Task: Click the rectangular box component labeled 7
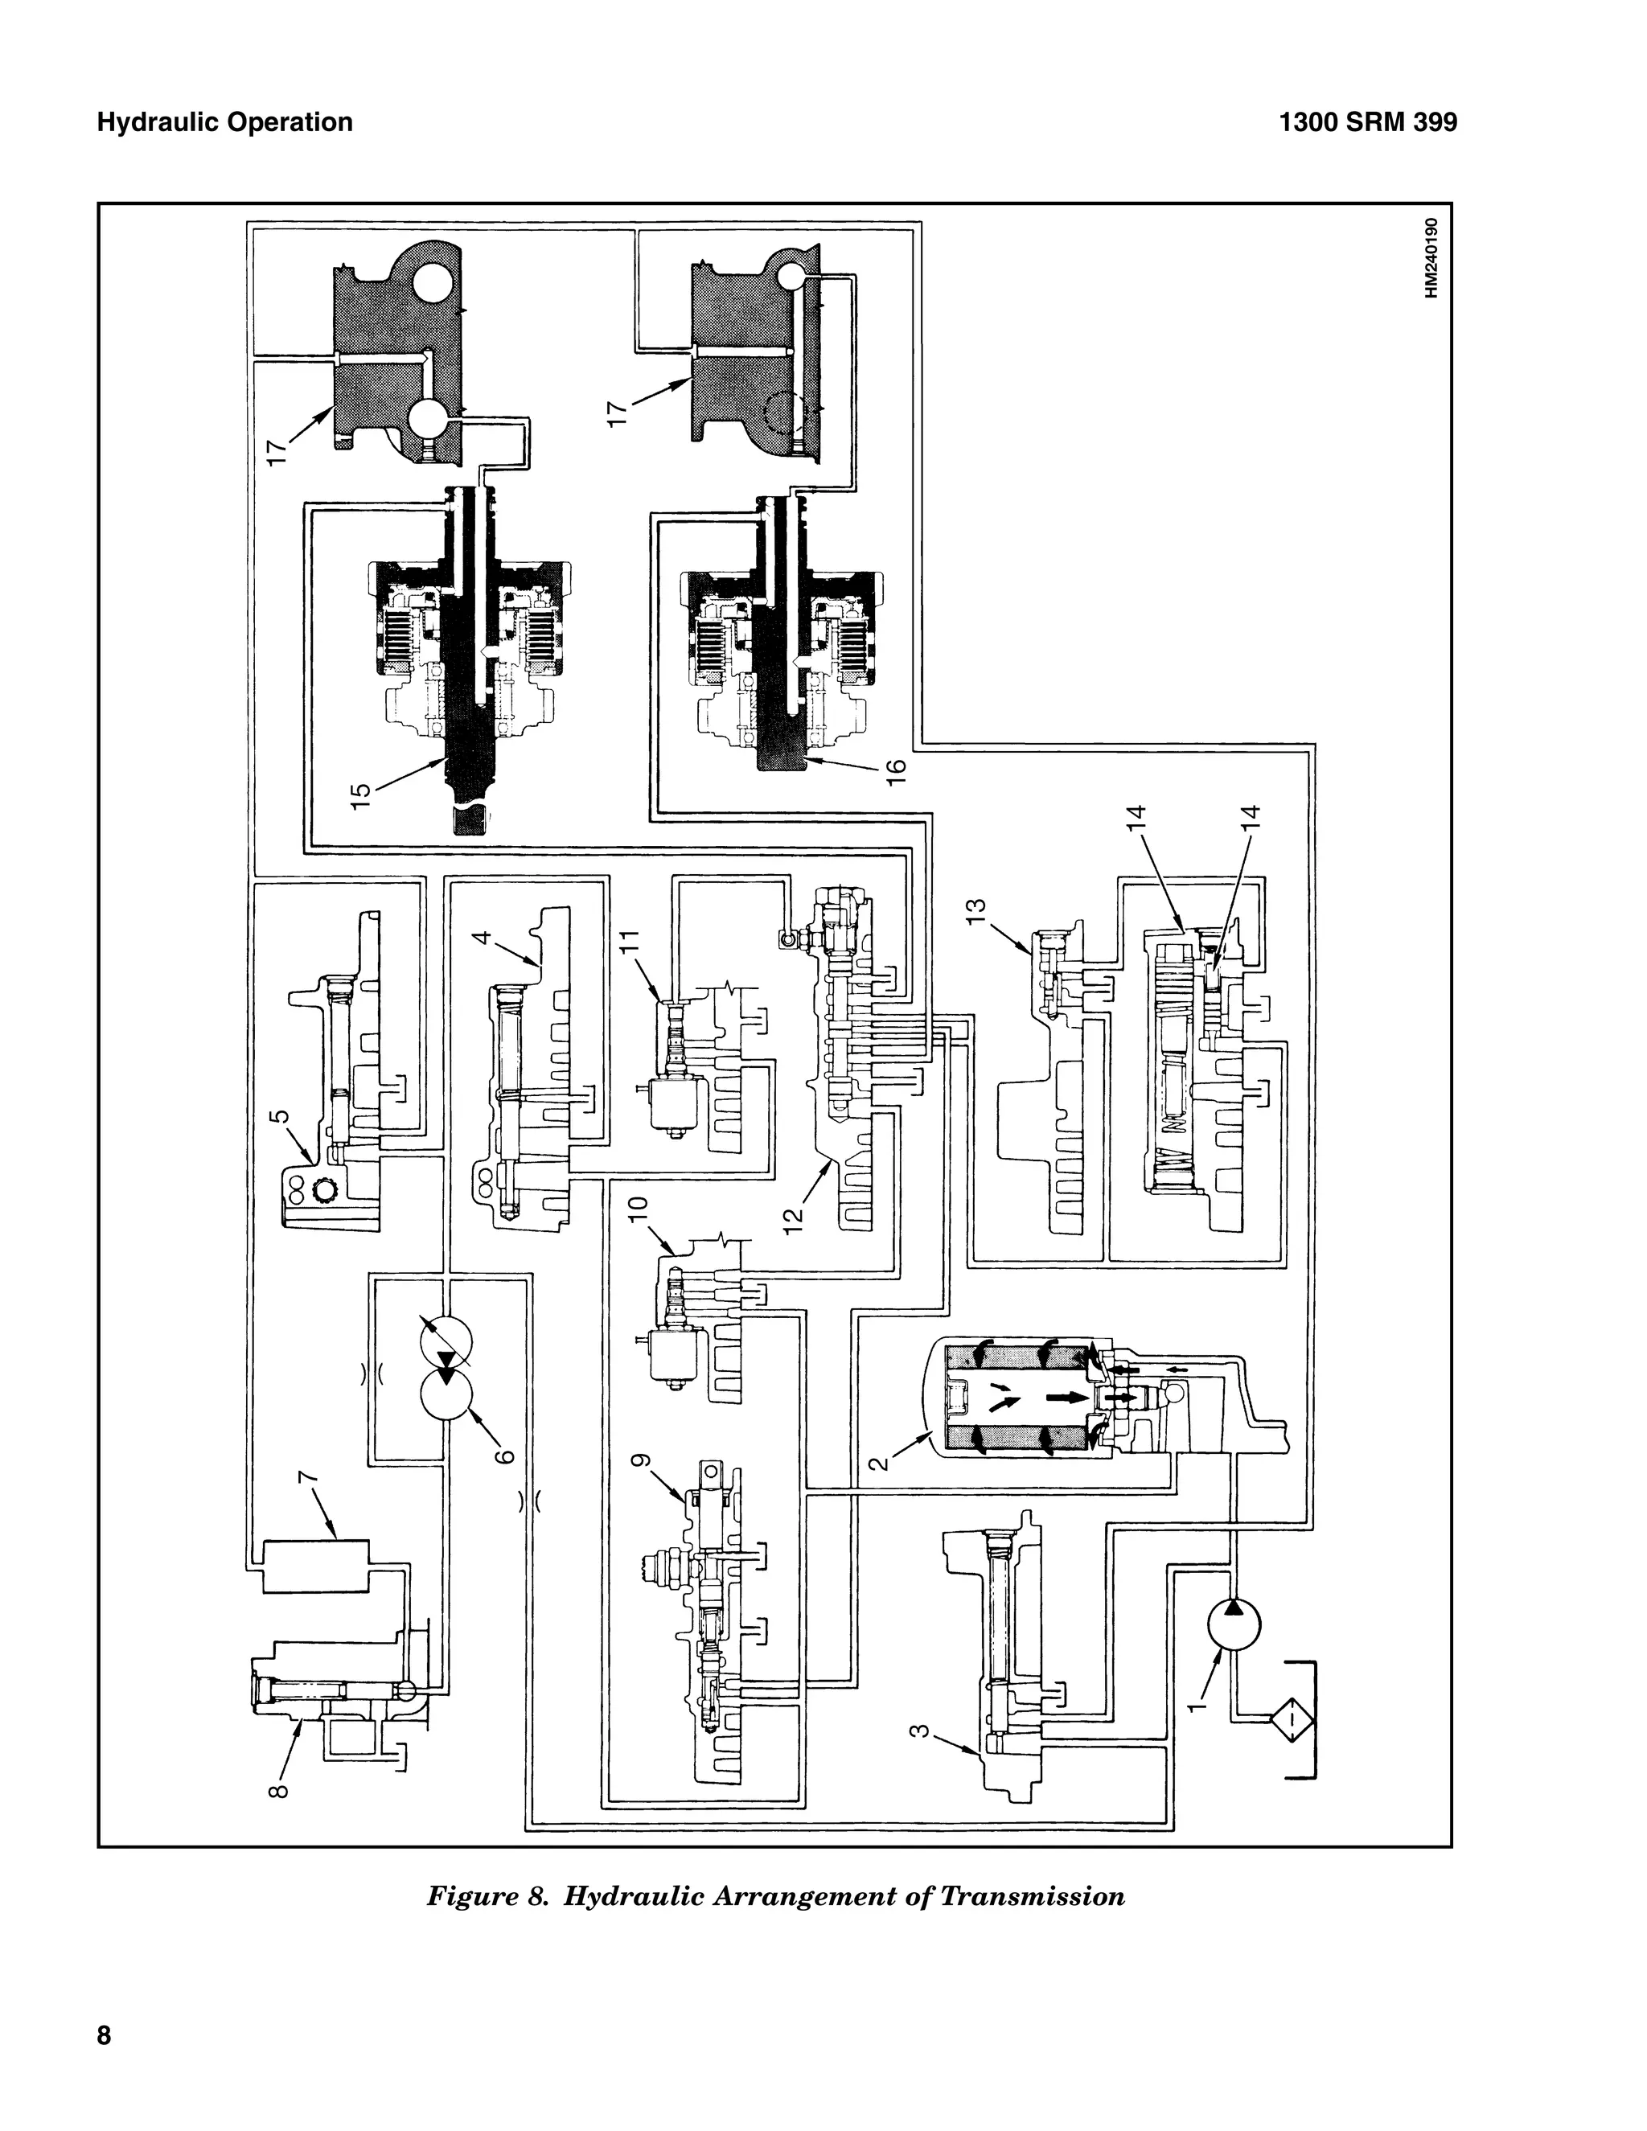[x=316, y=1566]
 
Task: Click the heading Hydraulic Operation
[x=225, y=122]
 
